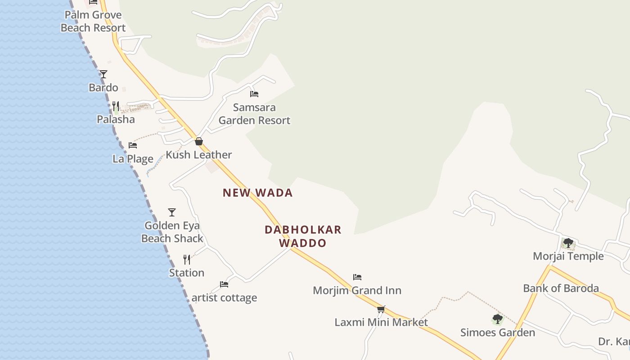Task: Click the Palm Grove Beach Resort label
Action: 93,21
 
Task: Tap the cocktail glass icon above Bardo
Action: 103,74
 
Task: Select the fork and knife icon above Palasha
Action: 116,106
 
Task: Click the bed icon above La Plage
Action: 133,145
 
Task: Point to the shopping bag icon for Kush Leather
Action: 199,141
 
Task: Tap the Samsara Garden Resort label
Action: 254,114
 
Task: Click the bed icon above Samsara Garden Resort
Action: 254,94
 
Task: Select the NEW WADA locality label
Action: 257,193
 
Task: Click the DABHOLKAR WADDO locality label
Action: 303,236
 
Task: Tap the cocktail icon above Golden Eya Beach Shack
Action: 172,212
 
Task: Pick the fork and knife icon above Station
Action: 187,260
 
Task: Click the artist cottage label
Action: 224,297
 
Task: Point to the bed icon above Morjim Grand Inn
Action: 357,277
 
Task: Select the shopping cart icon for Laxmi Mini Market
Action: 381,309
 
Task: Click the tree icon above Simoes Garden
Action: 497,319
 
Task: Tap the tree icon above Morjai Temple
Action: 568,243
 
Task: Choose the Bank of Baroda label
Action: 561,288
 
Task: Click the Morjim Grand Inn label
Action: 357,290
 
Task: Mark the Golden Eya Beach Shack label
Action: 172,232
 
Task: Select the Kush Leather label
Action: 199,155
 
